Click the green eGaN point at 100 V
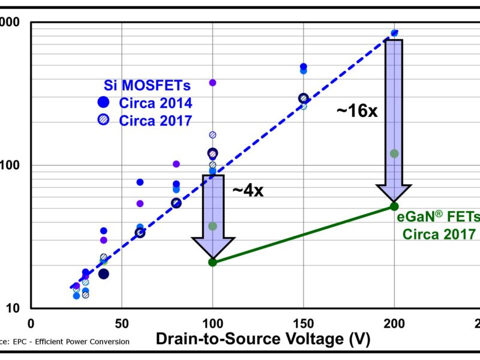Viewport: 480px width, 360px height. coord(212,262)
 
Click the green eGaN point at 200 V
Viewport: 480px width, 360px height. coord(394,206)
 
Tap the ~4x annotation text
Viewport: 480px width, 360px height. coord(248,191)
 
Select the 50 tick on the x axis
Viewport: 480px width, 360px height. coord(122,322)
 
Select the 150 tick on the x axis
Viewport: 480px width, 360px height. coord(303,322)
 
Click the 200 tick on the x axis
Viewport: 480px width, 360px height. coord(394,322)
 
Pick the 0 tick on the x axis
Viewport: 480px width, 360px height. coord(31,322)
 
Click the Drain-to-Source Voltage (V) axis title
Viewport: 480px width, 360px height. coord(263,339)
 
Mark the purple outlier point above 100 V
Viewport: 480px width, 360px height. coord(212,83)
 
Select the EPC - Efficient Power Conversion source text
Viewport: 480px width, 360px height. coord(66,341)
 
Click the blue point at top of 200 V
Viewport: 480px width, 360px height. coord(394,34)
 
